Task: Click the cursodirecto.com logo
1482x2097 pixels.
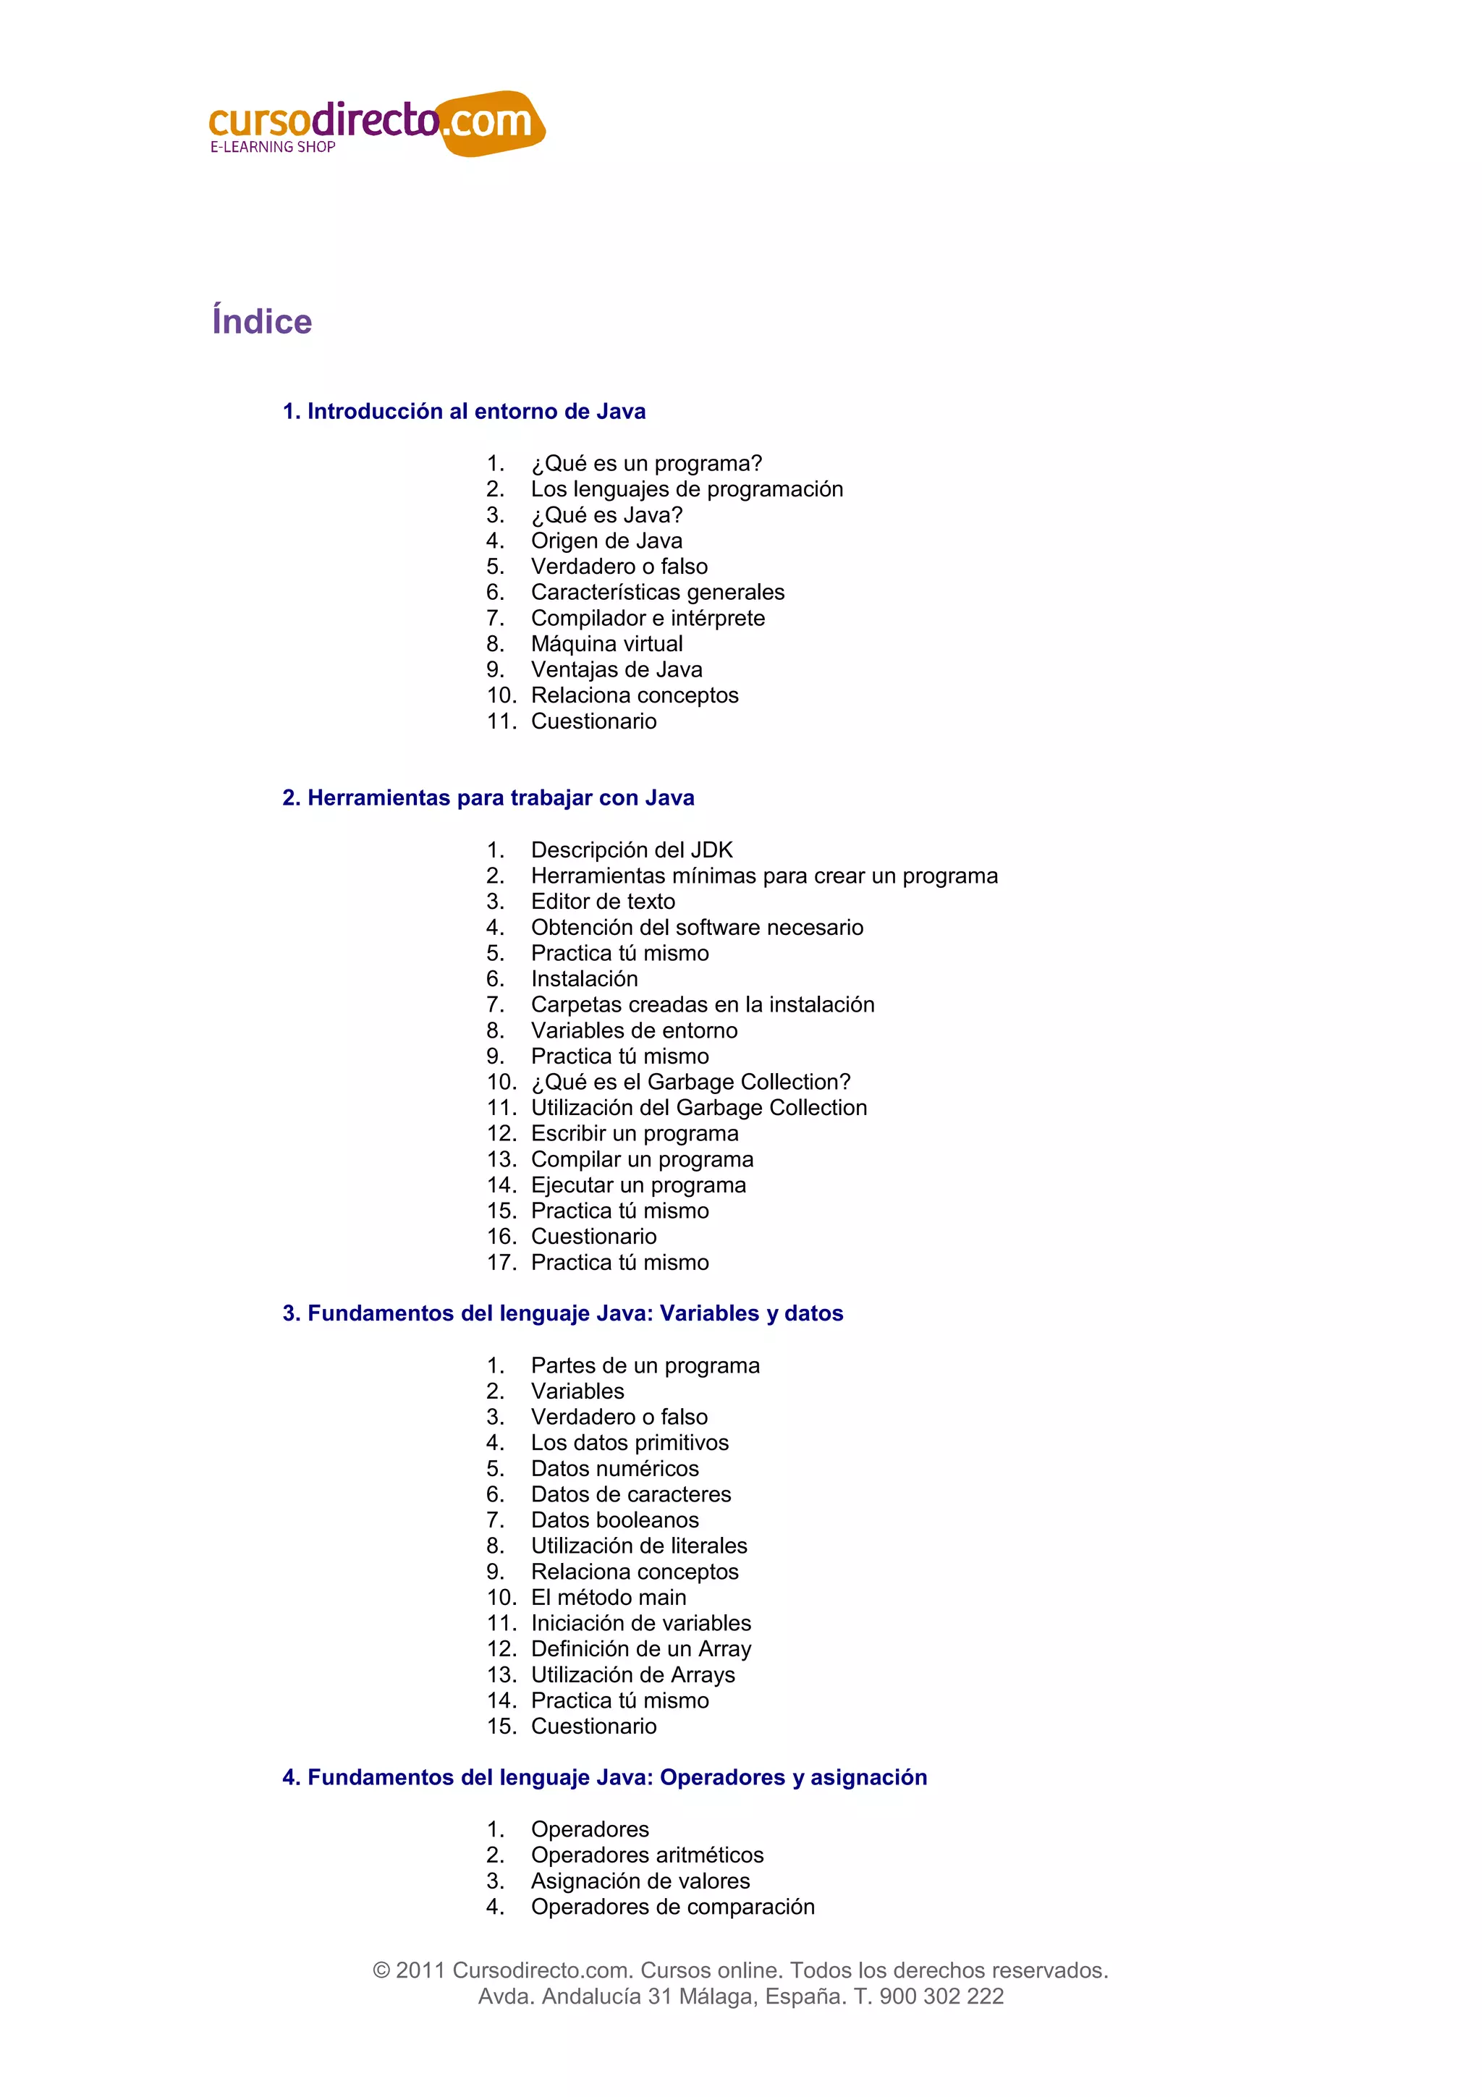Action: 376,123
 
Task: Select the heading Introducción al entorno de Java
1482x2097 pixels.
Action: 464,412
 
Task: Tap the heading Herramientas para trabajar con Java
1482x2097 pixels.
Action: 488,798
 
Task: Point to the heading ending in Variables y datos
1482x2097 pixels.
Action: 562,1313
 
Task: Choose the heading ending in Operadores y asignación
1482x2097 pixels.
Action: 604,1777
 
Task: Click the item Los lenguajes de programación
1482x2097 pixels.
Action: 687,490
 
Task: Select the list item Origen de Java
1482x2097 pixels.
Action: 606,541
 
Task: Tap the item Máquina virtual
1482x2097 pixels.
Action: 606,644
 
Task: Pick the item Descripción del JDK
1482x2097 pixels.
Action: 632,850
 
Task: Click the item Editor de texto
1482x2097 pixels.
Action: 603,902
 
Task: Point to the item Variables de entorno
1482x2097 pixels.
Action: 634,1030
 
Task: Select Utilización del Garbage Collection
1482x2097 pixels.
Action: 698,1108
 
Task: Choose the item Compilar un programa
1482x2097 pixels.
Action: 642,1159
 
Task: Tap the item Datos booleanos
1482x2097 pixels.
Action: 614,1520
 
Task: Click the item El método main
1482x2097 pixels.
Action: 608,1598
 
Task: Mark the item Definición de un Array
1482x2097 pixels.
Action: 641,1648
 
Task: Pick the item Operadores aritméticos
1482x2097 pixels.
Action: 648,1855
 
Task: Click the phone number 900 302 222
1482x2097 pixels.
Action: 941,1996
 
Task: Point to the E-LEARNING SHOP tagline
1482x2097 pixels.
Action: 273,147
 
